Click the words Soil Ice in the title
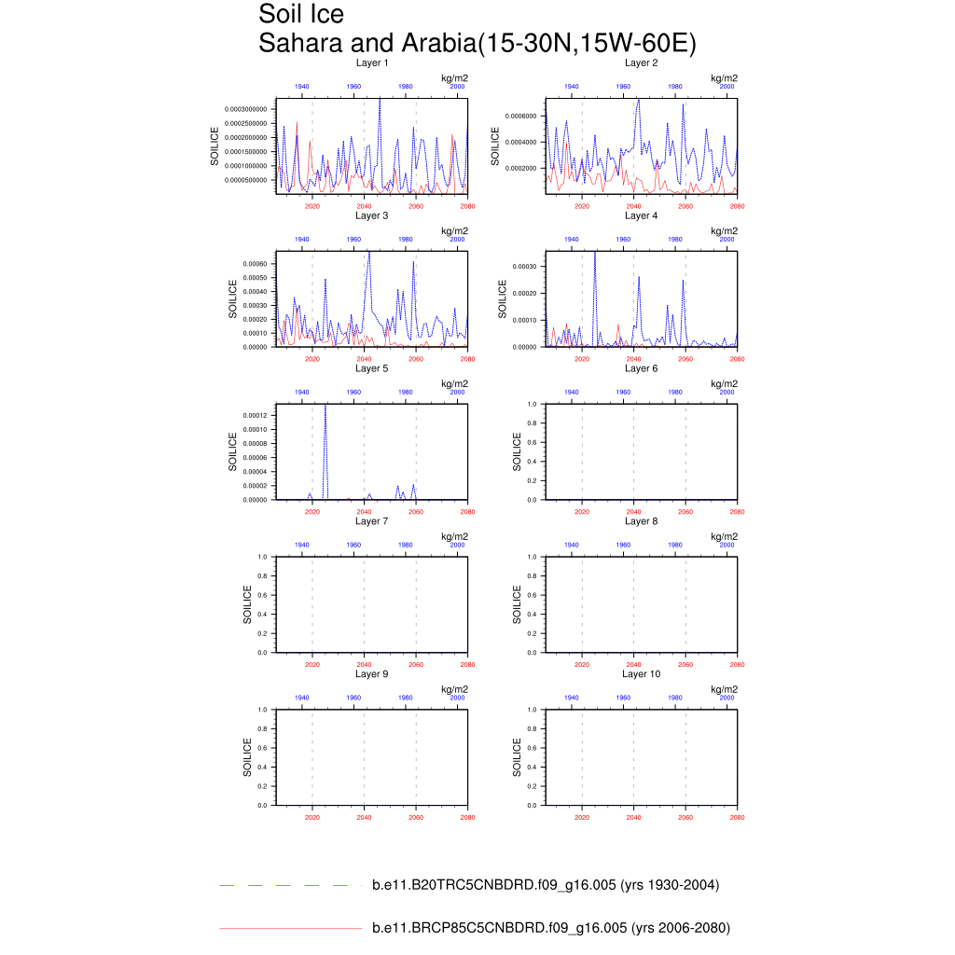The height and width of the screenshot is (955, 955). tap(301, 15)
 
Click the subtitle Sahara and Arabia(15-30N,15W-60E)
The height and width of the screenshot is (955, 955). tap(477, 43)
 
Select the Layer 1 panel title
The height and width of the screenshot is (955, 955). tap(371, 62)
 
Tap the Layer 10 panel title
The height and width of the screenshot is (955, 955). tap(641, 673)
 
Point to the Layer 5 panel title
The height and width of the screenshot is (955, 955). tap(371, 368)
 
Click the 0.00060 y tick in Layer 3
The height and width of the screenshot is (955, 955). tap(254, 264)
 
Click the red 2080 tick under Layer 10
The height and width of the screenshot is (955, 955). tap(737, 817)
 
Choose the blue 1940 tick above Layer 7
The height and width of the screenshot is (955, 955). tap(302, 544)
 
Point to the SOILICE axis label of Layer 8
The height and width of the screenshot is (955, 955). tap(517, 604)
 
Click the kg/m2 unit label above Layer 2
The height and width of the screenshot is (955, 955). tap(724, 78)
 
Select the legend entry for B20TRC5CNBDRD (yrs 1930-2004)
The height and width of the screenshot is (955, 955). tap(546, 885)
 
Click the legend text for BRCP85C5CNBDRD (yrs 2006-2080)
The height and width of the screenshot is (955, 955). tap(550, 928)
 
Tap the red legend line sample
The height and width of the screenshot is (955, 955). tap(289, 928)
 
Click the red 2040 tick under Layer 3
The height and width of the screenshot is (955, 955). tap(364, 358)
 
